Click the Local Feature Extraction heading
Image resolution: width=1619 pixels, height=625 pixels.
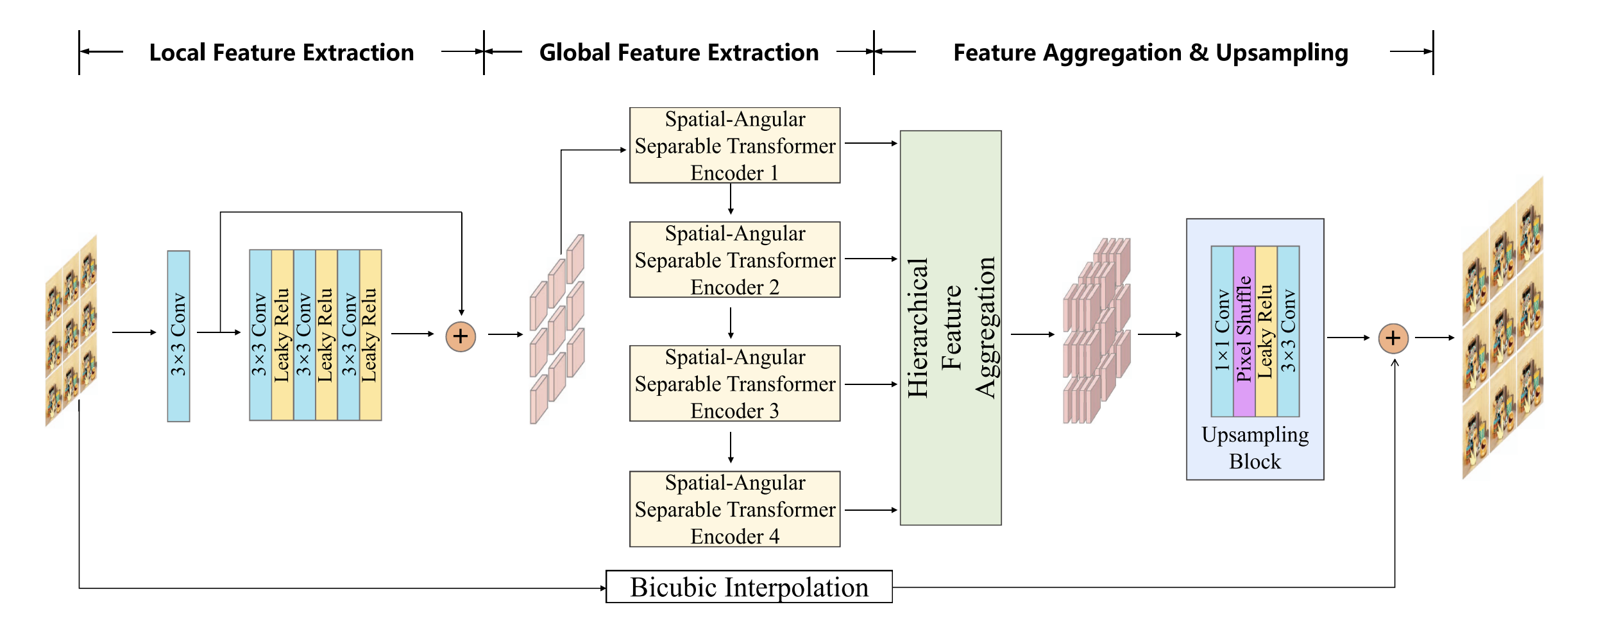tap(282, 53)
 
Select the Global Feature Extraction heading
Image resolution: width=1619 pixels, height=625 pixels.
tap(679, 53)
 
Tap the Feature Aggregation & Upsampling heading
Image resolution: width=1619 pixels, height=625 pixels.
tap(1151, 53)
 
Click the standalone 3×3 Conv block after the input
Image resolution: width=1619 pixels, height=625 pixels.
tap(178, 336)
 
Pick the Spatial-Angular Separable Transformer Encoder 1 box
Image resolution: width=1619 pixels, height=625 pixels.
tap(734, 146)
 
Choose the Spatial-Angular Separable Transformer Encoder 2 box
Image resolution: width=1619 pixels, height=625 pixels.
tap(734, 260)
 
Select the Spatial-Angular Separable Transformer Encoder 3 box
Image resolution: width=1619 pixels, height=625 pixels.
tap(734, 384)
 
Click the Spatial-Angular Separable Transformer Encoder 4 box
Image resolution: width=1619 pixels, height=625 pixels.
tap(734, 509)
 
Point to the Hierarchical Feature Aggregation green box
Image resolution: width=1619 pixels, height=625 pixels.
tap(951, 328)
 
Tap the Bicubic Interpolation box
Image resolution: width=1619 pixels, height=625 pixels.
tap(749, 587)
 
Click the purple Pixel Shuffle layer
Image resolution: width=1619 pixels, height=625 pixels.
tap(1244, 331)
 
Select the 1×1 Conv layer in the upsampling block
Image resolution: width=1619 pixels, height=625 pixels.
tap(1222, 331)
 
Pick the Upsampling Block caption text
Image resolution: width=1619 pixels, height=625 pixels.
tap(1255, 448)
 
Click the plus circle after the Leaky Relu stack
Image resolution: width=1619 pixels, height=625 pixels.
tap(461, 337)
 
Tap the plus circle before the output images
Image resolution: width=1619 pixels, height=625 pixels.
tap(1393, 338)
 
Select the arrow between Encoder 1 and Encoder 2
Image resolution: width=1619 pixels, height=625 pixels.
tap(731, 200)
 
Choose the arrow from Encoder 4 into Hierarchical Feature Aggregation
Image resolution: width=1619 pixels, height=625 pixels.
tap(871, 510)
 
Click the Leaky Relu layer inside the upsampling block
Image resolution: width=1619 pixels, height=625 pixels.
tap(1266, 331)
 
